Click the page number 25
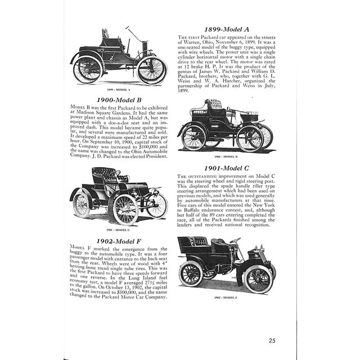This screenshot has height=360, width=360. [x=272, y=340]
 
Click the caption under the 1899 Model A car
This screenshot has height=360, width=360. [x=118, y=90]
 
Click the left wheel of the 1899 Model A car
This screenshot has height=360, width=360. [x=87, y=69]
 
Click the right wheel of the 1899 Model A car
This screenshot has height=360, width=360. [x=152, y=69]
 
